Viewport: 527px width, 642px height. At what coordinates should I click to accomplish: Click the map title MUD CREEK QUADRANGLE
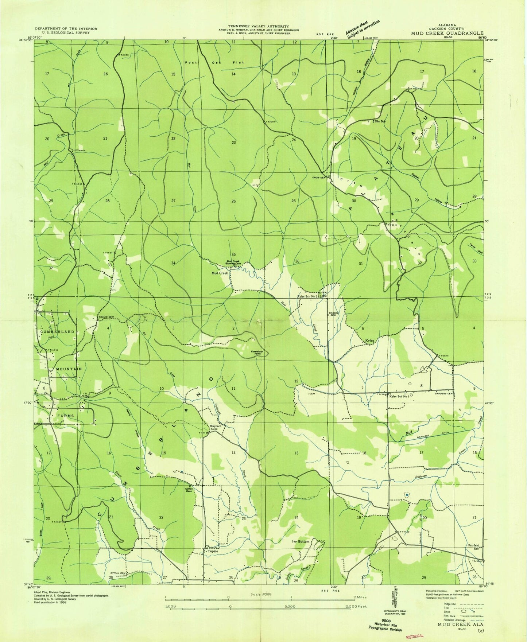pos(447,33)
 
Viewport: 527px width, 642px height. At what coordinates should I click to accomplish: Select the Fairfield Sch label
pos(473,547)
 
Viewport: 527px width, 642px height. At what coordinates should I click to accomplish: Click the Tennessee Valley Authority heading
pos(258,26)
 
